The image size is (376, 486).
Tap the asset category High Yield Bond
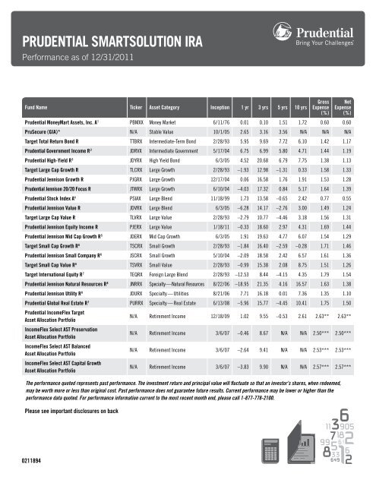click(169, 163)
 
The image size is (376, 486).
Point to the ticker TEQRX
click(138, 270)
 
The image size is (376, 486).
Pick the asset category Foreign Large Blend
click(172, 270)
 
